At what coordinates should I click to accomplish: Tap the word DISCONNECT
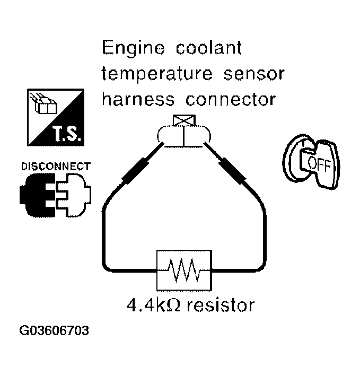point(55,166)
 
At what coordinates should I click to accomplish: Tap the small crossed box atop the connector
point(183,120)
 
